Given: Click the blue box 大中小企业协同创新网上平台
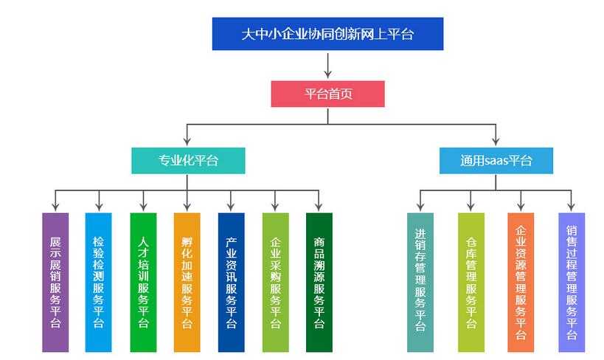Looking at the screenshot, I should [x=327, y=34].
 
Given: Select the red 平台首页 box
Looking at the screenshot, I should [x=327, y=94].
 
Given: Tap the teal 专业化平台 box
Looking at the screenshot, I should [x=188, y=161].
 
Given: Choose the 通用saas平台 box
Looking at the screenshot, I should [x=496, y=161].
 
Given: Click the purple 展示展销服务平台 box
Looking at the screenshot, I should [x=55, y=282].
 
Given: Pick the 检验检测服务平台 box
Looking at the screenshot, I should [x=99, y=282].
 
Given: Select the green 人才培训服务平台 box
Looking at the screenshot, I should [x=143, y=282].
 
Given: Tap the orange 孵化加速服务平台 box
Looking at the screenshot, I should [x=187, y=282].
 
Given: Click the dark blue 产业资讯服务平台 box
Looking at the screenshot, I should [x=231, y=282].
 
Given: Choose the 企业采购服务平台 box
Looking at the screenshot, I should [x=275, y=282].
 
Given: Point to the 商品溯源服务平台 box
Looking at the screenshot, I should [x=319, y=282].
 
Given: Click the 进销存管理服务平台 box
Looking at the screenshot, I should [x=420, y=282].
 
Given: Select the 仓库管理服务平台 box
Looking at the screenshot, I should [x=471, y=282].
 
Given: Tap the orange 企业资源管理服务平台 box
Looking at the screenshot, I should [x=521, y=282].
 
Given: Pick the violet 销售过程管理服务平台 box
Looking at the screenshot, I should [x=572, y=282].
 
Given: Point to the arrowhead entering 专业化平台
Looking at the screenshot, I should [x=188, y=143].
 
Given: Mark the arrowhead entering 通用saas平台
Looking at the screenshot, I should [x=496, y=143].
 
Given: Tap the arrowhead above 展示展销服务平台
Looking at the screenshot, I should [x=55, y=207].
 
